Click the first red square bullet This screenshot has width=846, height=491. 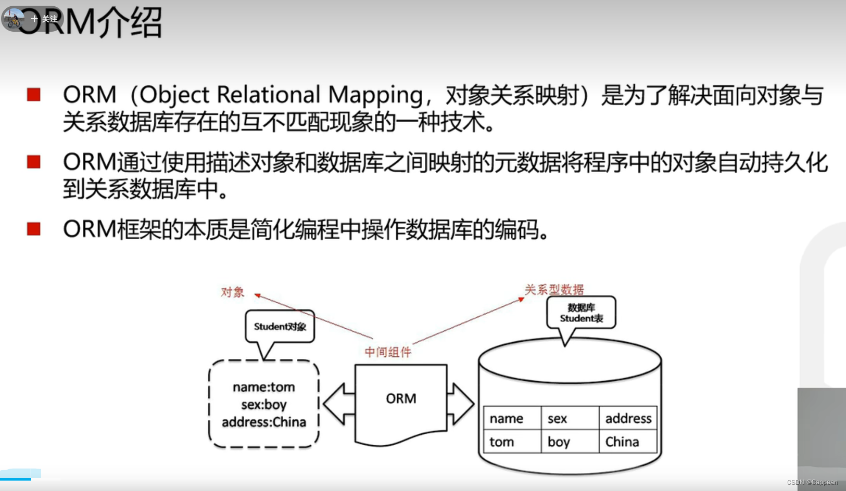34,95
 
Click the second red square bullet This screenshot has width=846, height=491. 34,162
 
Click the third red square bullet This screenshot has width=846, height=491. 34,229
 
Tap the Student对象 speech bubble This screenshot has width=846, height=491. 280,327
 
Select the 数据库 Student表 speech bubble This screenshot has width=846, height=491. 581,313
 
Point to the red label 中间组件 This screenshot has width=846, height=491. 388,352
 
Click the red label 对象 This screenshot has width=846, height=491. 232,292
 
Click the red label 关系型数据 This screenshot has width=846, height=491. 554,290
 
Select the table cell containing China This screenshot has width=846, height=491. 628,442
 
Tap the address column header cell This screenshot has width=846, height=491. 628,418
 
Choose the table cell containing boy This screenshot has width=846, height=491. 570,442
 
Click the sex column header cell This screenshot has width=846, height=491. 570,418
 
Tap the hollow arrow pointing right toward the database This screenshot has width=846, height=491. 461,404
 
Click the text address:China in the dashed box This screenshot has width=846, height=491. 264,422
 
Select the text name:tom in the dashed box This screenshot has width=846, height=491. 264,387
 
